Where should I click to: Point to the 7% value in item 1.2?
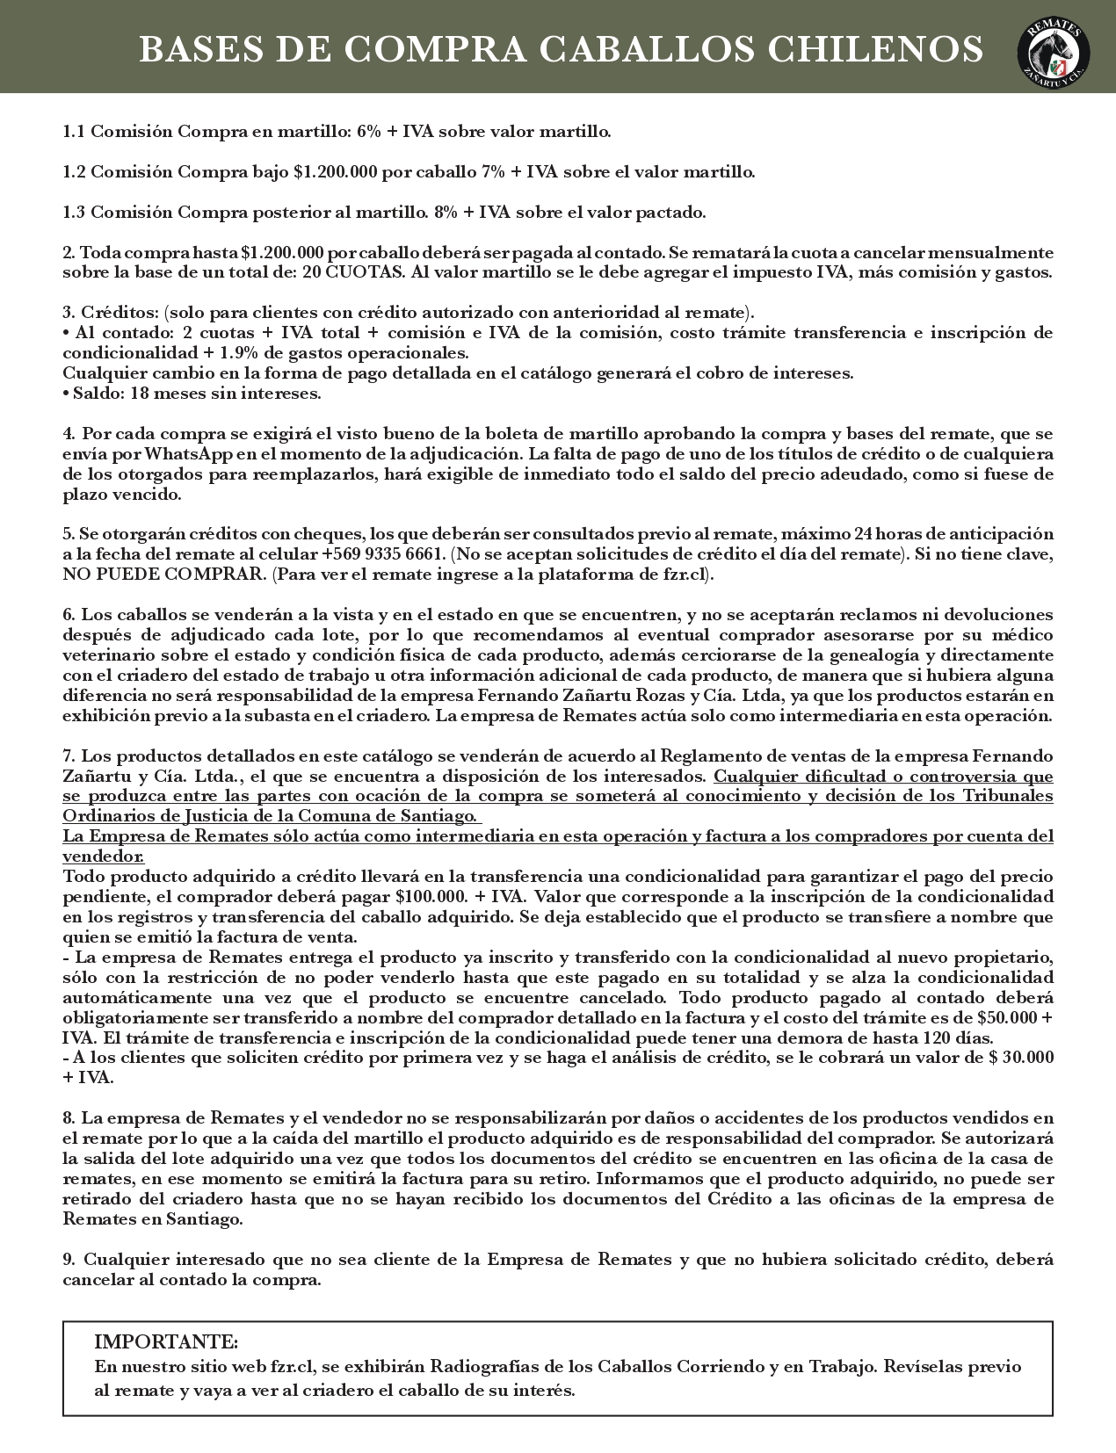(493, 172)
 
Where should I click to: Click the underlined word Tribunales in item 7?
(1010, 796)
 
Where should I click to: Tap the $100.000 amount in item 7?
(428, 897)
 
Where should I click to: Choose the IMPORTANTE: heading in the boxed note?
(165, 1342)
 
